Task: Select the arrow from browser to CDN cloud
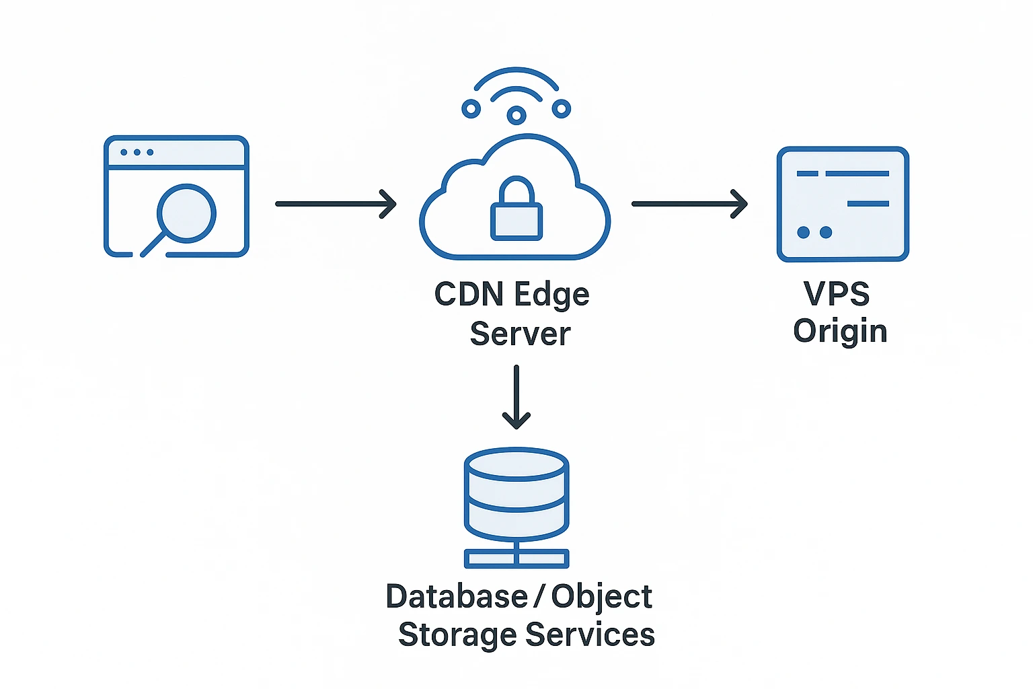pos(336,204)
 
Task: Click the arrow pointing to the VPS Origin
pos(689,204)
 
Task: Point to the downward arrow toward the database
pos(516,397)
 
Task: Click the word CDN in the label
pos(468,294)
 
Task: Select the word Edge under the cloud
pos(551,295)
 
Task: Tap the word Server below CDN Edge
pos(520,334)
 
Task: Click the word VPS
pos(837,294)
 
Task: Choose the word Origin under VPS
pos(840,332)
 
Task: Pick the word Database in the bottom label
pos(457,597)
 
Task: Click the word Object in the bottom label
pos(602,597)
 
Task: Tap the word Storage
pos(457,635)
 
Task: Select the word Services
pos(590,635)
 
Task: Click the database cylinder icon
pos(516,495)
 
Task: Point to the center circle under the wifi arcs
pos(516,115)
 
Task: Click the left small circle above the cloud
pos(471,108)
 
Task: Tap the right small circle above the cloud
pos(561,108)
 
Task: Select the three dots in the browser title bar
pos(137,152)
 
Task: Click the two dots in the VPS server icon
pos(814,232)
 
